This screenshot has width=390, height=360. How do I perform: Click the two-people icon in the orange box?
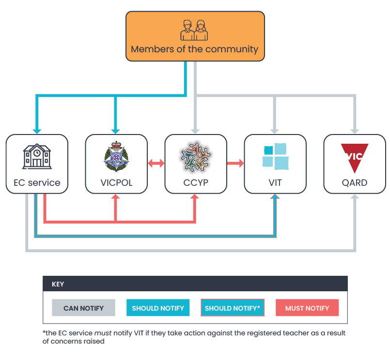pyautogui.click(x=194, y=30)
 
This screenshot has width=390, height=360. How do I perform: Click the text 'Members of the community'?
pyautogui.click(x=194, y=49)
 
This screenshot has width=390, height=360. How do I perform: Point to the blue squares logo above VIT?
pyautogui.click(x=275, y=156)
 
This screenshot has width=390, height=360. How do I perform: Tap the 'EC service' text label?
pyautogui.click(x=37, y=182)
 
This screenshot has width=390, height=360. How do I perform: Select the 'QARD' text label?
pyautogui.click(x=354, y=183)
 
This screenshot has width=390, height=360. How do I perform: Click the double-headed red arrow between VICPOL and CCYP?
pyautogui.click(x=156, y=164)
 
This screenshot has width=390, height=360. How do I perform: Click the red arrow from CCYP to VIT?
pyautogui.click(x=235, y=164)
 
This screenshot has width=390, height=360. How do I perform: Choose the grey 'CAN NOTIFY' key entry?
pyautogui.click(x=83, y=308)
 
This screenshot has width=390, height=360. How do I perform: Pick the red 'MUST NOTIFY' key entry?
pyautogui.click(x=307, y=308)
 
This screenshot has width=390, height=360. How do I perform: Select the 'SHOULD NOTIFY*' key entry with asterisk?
pyautogui.click(x=232, y=308)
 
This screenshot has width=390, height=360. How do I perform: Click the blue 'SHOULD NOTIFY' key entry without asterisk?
pyautogui.click(x=158, y=308)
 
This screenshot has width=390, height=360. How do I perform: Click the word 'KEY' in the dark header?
pyautogui.click(x=58, y=284)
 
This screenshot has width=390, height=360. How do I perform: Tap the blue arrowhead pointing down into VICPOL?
pyautogui.click(x=115, y=130)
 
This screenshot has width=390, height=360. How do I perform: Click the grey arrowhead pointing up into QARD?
pyautogui.click(x=354, y=197)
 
